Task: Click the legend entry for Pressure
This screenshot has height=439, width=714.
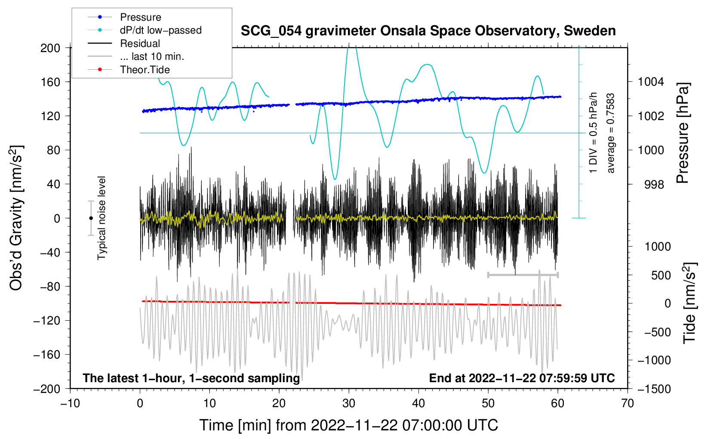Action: coord(140,17)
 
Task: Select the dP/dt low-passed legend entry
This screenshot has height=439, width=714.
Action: coord(160,30)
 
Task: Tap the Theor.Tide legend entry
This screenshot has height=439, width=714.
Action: coord(145,70)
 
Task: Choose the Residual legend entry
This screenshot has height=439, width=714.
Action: coord(140,43)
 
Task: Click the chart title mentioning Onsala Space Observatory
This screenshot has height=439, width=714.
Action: coord(428,31)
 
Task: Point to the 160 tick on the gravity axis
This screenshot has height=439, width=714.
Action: coord(50,82)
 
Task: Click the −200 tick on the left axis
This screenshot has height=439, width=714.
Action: coord(47,389)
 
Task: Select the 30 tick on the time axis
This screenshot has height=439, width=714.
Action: coord(349,403)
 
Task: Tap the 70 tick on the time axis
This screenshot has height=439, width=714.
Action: coord(628,403)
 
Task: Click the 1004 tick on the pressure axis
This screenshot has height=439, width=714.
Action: coord(651,82)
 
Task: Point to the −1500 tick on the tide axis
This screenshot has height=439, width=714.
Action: coord(654,389)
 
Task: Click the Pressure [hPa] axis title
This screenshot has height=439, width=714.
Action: coord(683,133)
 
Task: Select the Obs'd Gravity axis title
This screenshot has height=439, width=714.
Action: coord(16,218)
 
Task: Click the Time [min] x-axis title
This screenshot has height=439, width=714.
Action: coord(349,425)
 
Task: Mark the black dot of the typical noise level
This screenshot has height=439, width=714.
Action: coord(91,218)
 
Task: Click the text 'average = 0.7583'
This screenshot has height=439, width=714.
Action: coord(611,133)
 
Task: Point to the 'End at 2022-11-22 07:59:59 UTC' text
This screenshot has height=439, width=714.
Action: coord(522,378)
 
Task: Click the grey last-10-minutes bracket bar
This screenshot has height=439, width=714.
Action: coord(523,275)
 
